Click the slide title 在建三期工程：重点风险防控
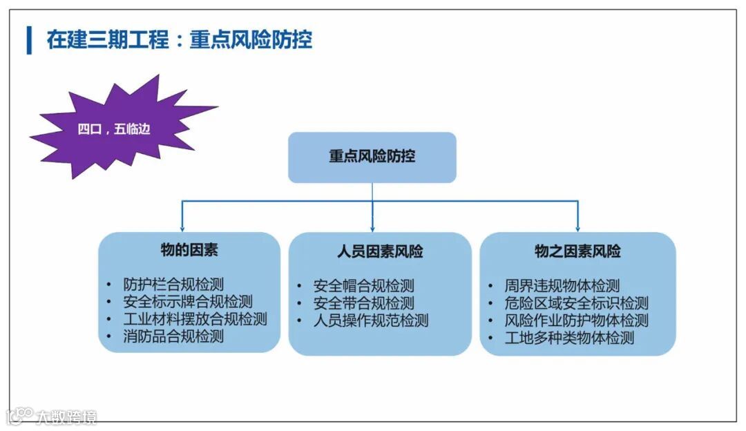pos(179,39)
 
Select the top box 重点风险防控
pos(372,157)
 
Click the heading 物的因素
pos(189,250)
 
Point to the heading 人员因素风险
pos(380,251)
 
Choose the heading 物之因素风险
pos(577,251)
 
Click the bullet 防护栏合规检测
pos(173,285)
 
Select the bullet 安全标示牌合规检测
pos(188,302)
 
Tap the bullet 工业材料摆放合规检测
pos(195,319)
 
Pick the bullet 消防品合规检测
pos(173,336)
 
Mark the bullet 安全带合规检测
pos(363,303)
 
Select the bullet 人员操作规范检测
pos(371,320)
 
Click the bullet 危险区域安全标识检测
pos(577,303)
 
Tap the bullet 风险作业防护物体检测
pos(577,320)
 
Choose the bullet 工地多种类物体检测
pos(569,338)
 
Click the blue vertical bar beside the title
pos(29,39)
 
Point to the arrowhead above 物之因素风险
pos(577,228)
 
